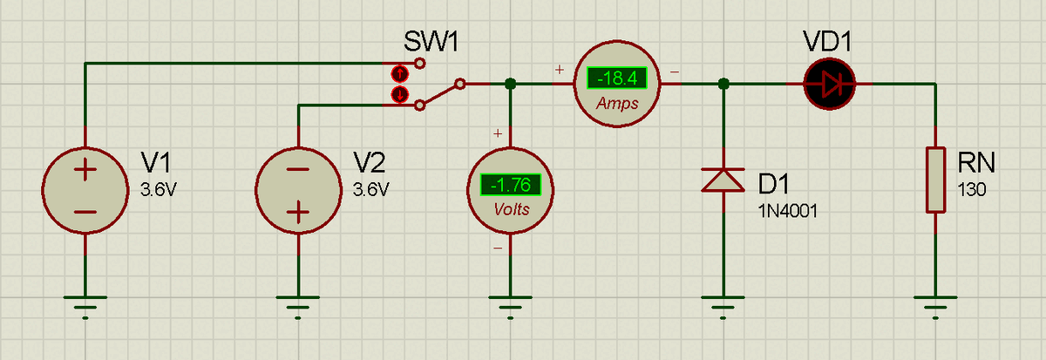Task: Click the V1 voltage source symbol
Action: click(x=85, y=191)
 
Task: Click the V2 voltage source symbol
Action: click(x=298, y=191)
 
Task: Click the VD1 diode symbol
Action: click(x=829, y=84)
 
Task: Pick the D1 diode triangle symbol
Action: click(x=723, y=180)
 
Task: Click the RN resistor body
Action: click(x=936, y=180)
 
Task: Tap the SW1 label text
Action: click(x=431, y=42)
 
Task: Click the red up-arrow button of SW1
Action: click(x=400, y=73)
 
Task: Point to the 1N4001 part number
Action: click(x=788, y=212)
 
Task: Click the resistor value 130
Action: click(x=971, y=189)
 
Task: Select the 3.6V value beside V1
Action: click(x=159, y=189)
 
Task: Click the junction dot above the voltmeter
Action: click(x=511, y=84)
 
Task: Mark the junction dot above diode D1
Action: click(x=723, y=84)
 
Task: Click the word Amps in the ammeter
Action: click(x=617, y=104)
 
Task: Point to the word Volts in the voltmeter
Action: click(x=512, y=210)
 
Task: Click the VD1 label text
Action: click(x=827, y=42)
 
